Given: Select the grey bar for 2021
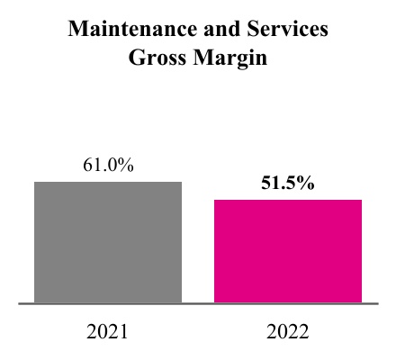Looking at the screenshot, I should click(108, 243).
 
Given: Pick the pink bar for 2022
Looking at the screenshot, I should click(288, 252).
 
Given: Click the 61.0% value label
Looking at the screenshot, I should click(108, 166).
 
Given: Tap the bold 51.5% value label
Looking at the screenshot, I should click(288, 184).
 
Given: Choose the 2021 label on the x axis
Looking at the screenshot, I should click(108, 332).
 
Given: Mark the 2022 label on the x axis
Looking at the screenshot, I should click(288, 332).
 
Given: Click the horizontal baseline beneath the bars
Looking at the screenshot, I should click(198, 304).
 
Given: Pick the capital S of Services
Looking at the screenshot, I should click(241, 31).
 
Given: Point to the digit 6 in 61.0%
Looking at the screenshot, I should click(87, 166).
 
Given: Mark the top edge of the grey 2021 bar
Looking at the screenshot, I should click(108, 183).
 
